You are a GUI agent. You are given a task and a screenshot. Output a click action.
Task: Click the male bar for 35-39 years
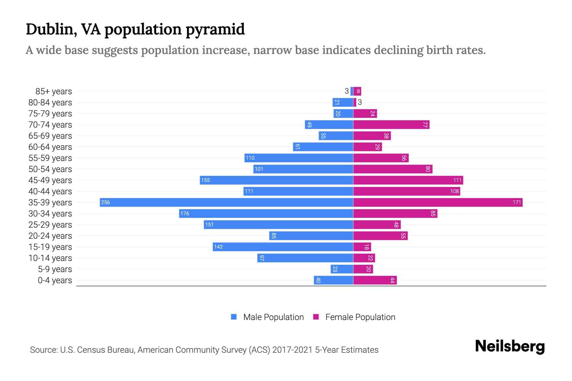pos(226,202)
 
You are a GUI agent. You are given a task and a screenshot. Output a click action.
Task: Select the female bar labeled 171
pos(438,202)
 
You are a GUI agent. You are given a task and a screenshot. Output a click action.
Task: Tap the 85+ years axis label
pos(53,91)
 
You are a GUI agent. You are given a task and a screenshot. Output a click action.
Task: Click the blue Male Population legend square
pos(234,317)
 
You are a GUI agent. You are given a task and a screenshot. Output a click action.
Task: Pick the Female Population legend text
pos(360,317)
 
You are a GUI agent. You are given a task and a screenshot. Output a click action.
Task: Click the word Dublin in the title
pos(51,29)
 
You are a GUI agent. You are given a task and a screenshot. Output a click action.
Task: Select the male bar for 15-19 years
pos(283,247)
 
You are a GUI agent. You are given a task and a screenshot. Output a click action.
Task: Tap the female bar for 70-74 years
pos(391,124)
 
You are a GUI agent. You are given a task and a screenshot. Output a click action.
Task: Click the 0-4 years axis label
pos(55,280)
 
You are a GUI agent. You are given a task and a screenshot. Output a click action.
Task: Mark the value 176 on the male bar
pos(185,213)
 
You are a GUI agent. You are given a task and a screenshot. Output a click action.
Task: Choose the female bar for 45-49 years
pos(408,180)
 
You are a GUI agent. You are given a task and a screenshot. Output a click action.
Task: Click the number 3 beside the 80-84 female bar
pos(360,102)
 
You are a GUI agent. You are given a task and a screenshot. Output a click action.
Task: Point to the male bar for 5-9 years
pos(342,269)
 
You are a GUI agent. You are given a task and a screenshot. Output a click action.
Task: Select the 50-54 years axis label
pos(50,169)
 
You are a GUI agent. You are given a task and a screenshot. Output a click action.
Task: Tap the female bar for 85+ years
pos(357,91)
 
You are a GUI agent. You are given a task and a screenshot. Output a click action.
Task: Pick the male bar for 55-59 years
pos(299,158)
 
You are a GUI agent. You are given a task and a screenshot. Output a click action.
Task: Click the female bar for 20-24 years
pos(380,236)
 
